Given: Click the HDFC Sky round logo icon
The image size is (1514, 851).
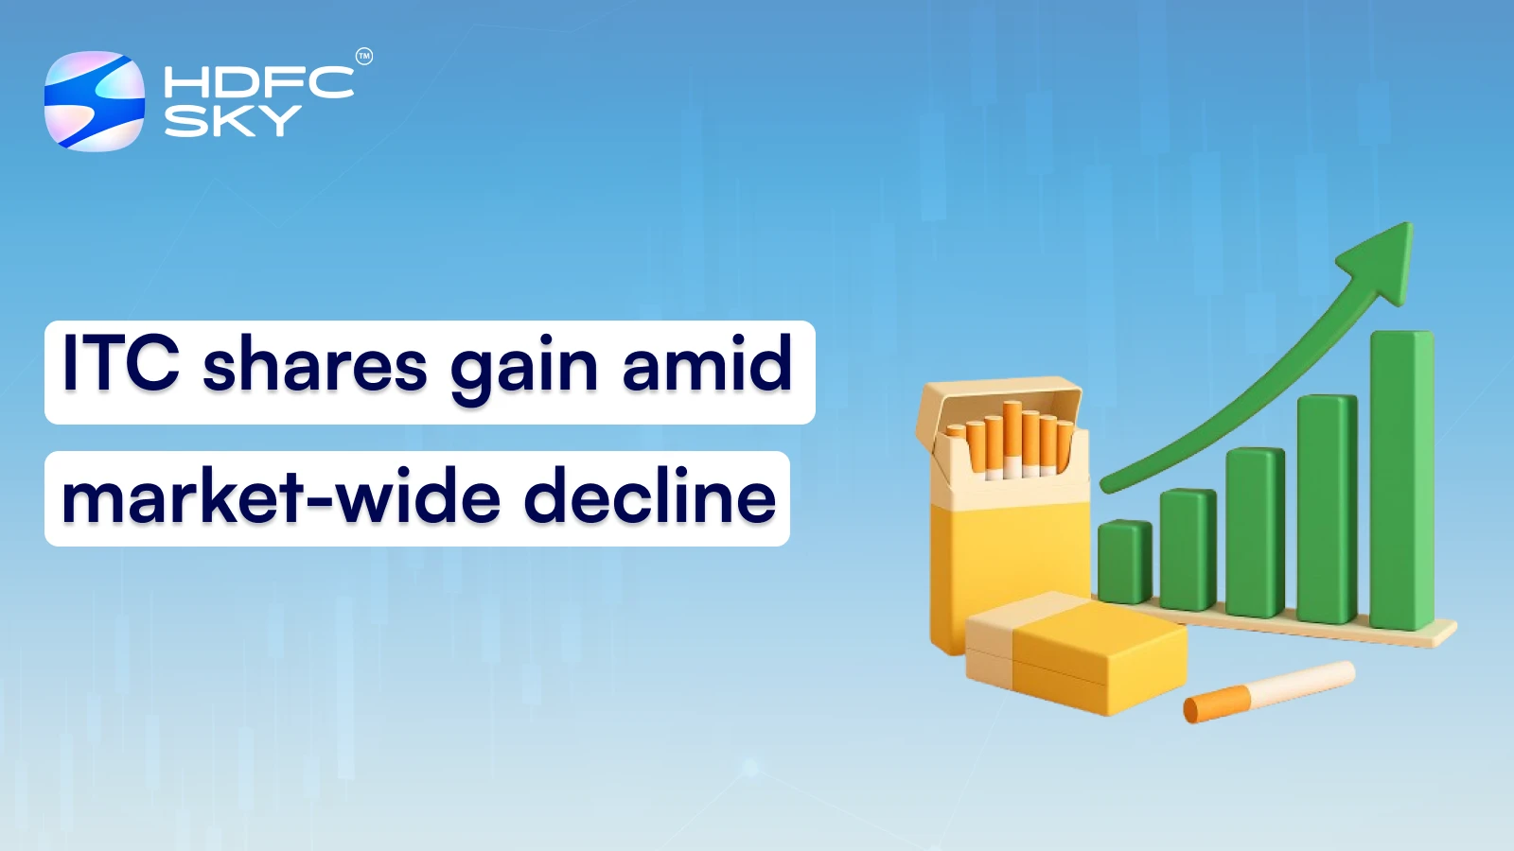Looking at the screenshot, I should [x=95, y=101].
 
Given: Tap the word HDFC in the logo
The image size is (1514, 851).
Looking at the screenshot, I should [x=258, y=82].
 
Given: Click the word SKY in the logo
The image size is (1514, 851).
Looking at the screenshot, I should [x=233, y=121].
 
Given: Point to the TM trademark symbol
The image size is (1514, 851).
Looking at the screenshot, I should [x=364, y=57].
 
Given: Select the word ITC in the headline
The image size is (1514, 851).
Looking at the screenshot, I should [x=120, y=363].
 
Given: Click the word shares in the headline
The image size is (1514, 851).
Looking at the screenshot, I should [x=315, y=366].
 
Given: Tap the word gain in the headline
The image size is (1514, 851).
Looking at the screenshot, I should [x=523, y=369].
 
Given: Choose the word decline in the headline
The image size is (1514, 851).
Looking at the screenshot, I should [x=649, y=497].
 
